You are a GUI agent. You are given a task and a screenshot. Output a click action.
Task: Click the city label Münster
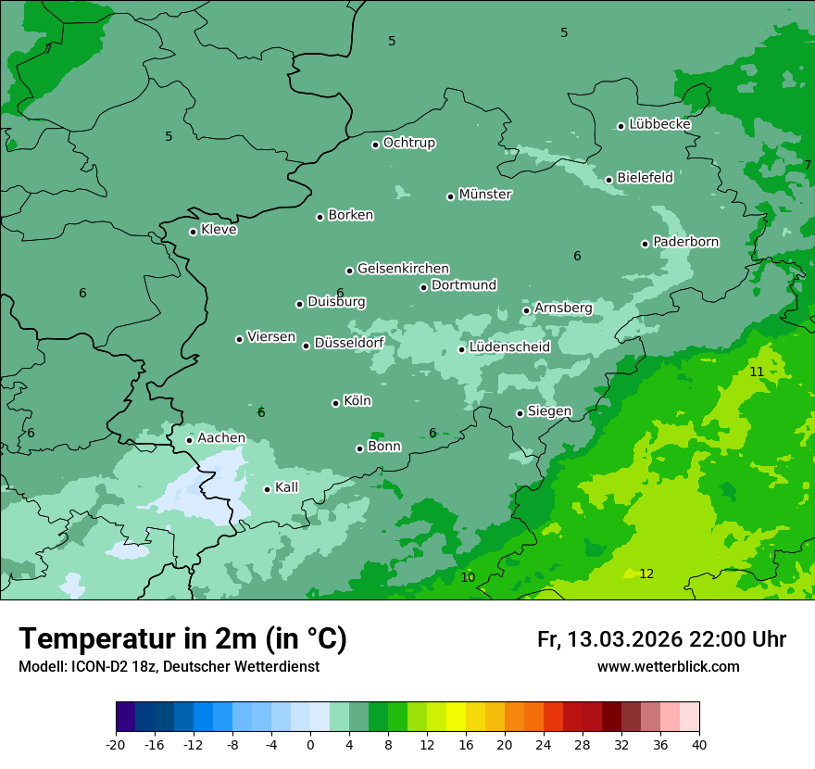[485, 195]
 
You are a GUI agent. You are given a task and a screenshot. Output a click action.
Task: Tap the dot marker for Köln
[335, 403]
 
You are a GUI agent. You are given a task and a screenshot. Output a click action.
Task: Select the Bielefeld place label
[645, 178]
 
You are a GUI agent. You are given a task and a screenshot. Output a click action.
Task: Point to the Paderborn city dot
[645, 244]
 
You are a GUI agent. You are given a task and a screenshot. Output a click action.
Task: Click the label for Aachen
[221, 438]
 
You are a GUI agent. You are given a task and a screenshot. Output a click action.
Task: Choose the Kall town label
[286, 487]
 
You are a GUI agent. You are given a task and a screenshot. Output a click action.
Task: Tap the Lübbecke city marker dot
[621, 126]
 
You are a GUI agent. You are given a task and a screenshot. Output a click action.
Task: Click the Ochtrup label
[408, 144]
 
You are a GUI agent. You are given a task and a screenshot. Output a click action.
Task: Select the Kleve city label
[219, 230]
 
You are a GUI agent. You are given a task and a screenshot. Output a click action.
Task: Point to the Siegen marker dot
[520, 413]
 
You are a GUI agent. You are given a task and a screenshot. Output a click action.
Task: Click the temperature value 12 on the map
[646, 574]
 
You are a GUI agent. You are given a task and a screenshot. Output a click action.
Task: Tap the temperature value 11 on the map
[757, 372]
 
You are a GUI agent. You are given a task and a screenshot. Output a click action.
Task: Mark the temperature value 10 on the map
[468, 577]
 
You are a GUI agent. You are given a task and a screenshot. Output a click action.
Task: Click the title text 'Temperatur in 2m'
[139, 639]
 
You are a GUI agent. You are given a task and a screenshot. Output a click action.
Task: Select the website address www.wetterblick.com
[668, 667]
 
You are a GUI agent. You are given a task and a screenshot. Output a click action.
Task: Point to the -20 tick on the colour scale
[116, 744]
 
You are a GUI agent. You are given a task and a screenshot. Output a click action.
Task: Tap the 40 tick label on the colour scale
[699, 744]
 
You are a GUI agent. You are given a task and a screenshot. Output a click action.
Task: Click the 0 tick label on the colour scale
[310, 744]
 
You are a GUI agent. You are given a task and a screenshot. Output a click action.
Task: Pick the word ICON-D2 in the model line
[97, 667]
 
